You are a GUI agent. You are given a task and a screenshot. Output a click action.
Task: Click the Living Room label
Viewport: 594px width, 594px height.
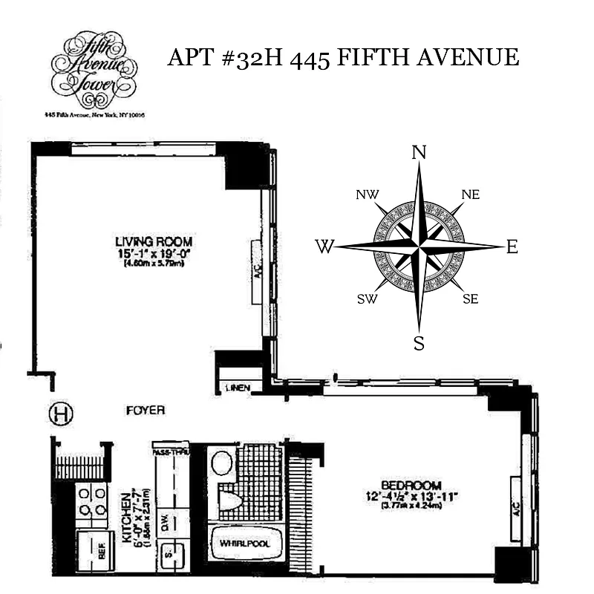pos(154,242)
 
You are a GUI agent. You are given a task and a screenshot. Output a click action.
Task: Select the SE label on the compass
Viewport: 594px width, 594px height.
pos(469,299)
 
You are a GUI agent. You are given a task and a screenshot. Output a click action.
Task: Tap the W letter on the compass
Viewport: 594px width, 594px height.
pos(324,247)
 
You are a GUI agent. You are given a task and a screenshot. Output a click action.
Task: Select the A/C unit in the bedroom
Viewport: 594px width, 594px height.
pos(515,509)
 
